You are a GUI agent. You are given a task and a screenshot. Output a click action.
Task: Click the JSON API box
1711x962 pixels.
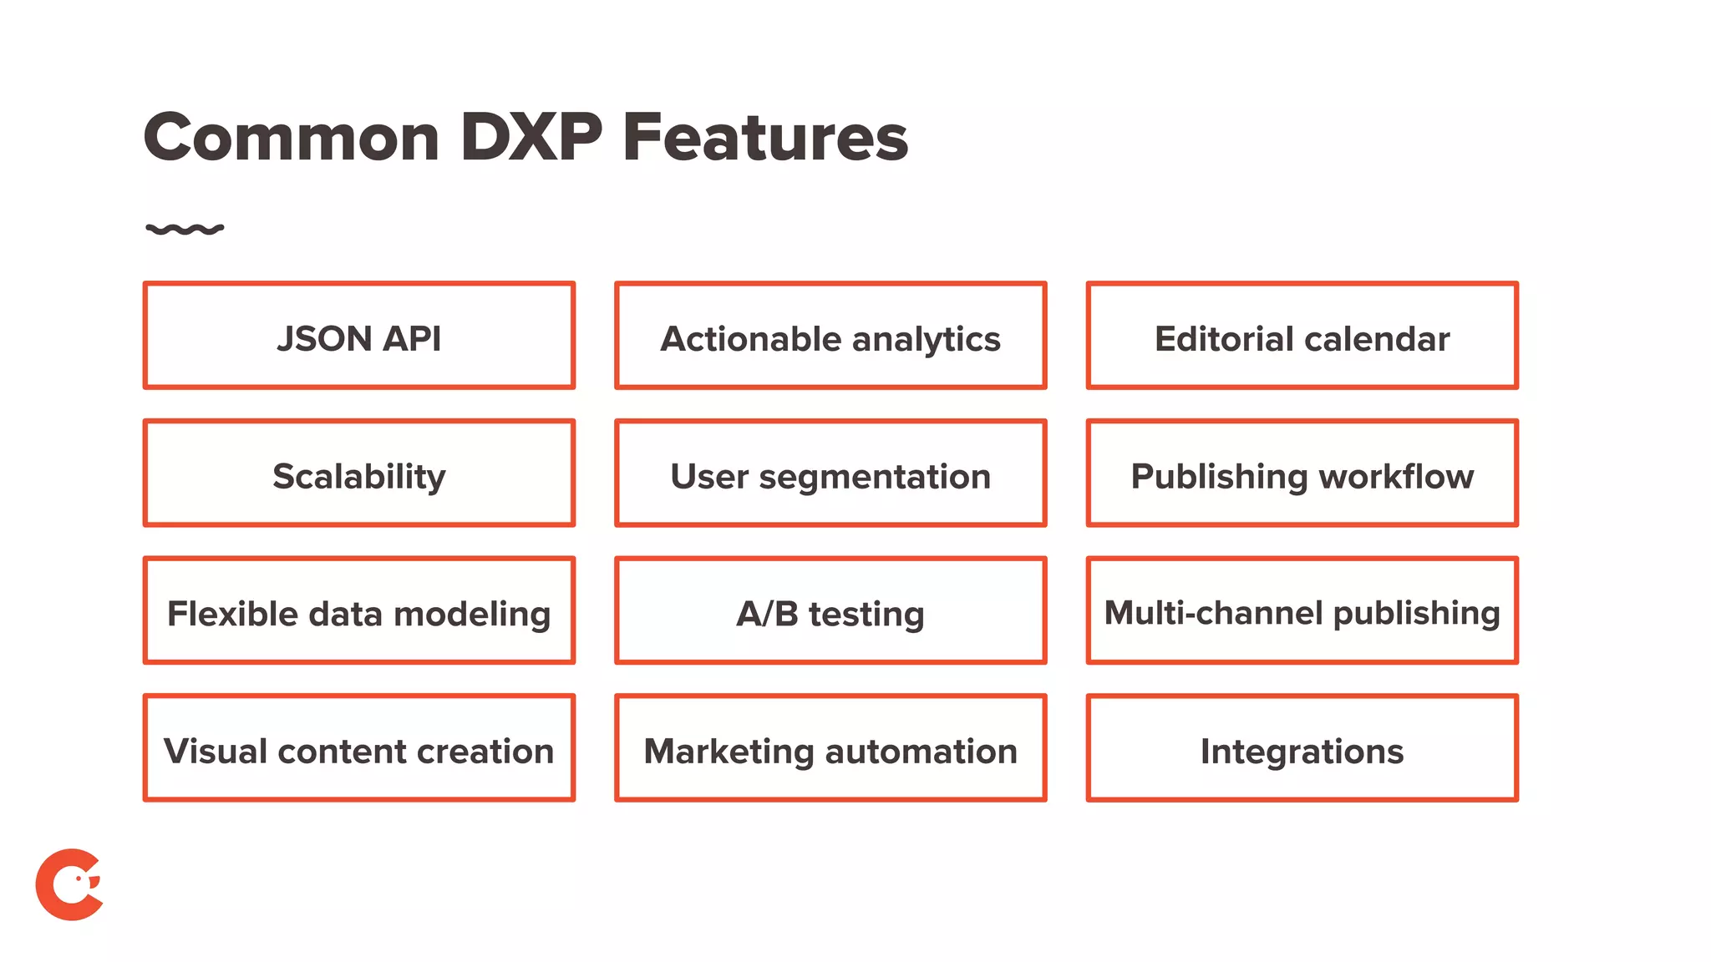[x=359, y=336]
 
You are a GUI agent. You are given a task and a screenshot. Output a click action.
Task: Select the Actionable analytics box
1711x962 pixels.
[x=830, y=336]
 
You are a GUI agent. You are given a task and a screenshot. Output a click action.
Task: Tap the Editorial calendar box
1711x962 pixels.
[x=1302, y=336]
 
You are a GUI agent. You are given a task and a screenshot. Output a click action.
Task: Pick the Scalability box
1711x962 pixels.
[x=359, y=473]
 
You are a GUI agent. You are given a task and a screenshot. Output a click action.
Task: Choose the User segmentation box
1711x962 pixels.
[x=830, y=473]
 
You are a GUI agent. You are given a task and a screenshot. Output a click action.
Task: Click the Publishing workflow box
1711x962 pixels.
[x=1302, y=473]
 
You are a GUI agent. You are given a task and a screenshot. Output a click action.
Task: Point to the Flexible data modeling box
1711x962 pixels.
[x=359, y=610]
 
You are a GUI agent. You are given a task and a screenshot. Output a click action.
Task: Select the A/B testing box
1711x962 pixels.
[x=830, y=610]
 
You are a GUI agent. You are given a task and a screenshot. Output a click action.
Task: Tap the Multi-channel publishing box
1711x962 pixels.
[x=1302, y=610]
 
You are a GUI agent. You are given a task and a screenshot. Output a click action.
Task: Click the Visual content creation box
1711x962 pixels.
[x=359, y=748]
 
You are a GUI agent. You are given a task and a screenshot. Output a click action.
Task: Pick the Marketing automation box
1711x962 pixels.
[x=830, y=748]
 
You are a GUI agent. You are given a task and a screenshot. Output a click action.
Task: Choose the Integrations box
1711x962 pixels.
[x=1302, y=748]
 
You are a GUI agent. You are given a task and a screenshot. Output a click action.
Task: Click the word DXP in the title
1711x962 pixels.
[x=531, y=137]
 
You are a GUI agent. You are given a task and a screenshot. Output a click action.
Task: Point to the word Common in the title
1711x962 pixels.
[x=292, y=139]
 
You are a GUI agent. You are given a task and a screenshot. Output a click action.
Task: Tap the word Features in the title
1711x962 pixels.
[x=765, y=139]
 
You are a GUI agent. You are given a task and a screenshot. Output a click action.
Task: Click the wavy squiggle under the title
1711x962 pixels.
[x=185, y=229]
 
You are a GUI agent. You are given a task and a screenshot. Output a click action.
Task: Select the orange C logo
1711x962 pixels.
[x=69, y=885]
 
